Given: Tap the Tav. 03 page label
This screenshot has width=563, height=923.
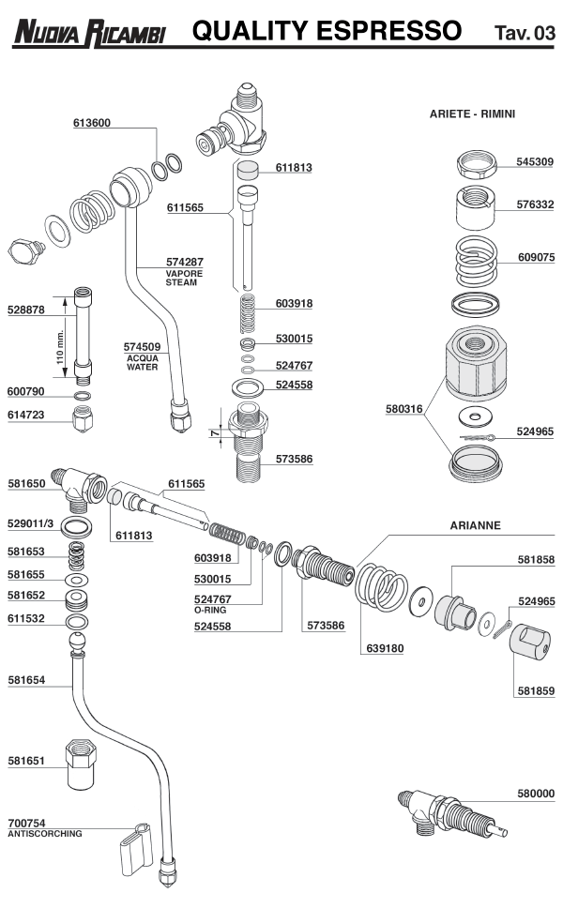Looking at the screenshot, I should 525,35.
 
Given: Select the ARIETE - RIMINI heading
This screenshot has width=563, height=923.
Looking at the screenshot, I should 472,113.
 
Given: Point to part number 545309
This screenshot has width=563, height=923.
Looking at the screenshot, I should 535,160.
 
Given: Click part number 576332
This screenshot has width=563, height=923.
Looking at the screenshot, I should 535,204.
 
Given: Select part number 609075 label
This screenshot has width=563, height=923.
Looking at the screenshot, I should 536,256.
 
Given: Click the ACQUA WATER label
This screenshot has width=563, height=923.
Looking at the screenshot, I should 143,362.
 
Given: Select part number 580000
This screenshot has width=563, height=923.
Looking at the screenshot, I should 535,794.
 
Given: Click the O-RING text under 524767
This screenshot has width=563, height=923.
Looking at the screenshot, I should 212,610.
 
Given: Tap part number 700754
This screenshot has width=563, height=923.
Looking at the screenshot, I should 26,823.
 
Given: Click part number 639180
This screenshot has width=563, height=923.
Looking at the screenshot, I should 385,648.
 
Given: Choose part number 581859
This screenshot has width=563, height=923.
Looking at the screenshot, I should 535,691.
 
